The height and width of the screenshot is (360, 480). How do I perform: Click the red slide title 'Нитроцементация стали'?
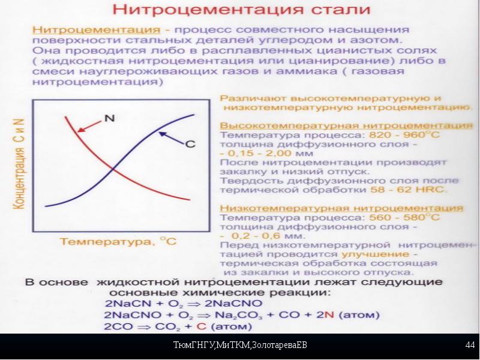click(242, 9)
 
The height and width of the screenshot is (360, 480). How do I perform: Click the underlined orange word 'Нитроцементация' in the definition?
click(96, 29)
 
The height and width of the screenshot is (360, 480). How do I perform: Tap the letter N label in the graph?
click(109, 118)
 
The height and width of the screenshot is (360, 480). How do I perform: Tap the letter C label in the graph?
click(190, 144)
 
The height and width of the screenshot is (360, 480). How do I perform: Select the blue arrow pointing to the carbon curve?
click(172, 137)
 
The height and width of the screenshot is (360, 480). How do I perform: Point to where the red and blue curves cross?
click(113, 169)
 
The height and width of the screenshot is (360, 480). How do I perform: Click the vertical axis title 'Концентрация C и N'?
click(19, 164)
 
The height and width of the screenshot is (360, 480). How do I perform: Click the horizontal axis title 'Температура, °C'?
click(118, 241)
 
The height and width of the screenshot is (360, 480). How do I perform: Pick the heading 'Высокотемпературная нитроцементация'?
click(346, 125)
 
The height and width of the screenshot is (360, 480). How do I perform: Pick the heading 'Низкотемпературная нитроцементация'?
click(341, 208)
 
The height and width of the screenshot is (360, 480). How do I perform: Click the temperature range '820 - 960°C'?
click(404, 134)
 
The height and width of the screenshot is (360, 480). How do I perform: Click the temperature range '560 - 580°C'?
click(404, 217)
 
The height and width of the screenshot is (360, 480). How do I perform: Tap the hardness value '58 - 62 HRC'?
click(407, 190)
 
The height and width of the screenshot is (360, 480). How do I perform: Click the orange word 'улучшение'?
click(376, 254)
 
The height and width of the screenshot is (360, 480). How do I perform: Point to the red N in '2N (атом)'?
click(329, 314)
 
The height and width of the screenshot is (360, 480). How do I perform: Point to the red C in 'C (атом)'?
click(201, 326)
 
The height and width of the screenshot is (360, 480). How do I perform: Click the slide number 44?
click(470, 345)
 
